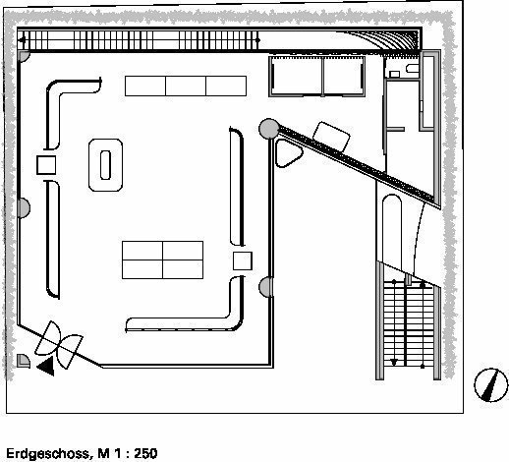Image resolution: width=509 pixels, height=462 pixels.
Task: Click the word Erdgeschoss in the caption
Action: pos(47,454)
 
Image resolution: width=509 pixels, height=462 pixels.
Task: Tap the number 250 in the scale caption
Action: pos(145,453)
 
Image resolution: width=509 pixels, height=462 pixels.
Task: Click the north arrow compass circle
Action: pos(490,385)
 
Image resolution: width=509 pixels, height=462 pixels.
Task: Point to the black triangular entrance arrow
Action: pos(46,366)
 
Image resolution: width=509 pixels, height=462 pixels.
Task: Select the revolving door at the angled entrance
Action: pos(59,345)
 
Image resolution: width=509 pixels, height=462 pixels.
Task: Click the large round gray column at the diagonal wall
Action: pos(269,129)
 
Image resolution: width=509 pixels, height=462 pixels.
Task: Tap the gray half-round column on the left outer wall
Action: pos(24,207)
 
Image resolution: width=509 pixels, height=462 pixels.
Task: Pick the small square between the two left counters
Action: pos(46,165)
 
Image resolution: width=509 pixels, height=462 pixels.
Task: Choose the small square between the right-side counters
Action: pos(243,260)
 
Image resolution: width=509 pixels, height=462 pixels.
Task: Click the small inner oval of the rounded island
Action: pos(105,165)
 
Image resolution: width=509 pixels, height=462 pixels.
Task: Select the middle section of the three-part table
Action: pos(186,86)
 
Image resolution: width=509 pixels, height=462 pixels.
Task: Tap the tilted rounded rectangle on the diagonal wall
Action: pos(331,137)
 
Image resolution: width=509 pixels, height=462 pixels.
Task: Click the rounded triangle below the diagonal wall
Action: pos(288,152)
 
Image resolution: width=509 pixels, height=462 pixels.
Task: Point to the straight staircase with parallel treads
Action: pos(408,324)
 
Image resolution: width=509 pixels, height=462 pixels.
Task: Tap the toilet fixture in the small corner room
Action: pos(413,69)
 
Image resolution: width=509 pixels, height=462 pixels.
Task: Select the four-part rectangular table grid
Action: pos(162,260)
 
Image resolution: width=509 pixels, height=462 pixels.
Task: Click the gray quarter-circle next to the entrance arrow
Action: pos(23,361)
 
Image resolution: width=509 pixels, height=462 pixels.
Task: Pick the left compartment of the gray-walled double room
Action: pos(297,77)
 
